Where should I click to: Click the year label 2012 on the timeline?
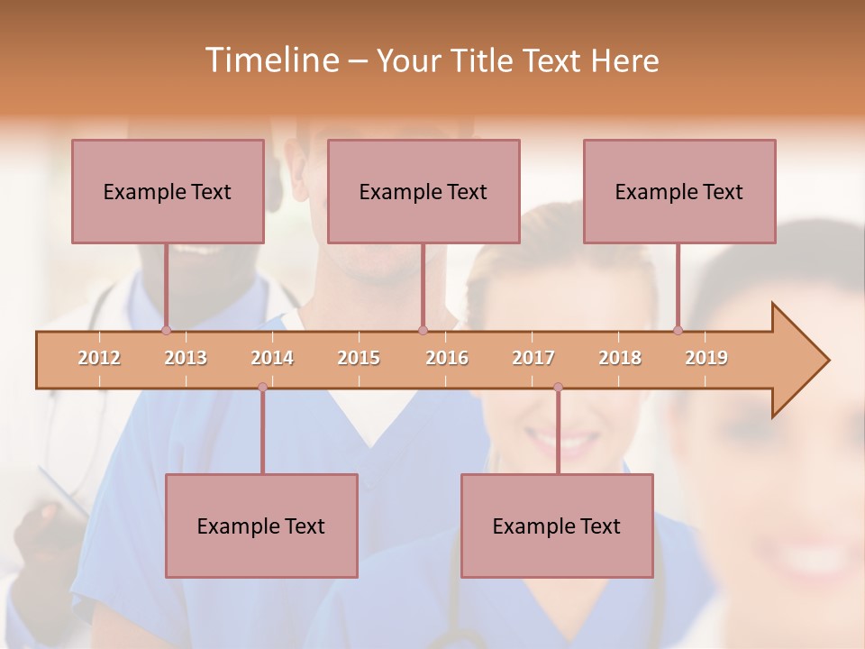click(99, 358)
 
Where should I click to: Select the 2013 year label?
click(186, 358)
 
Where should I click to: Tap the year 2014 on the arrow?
click(272, 358)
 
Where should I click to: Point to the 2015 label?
click(359, 358)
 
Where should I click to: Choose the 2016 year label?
click(447, 358)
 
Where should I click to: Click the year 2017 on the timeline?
click(533, 358)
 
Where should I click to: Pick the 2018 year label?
click(620, 358)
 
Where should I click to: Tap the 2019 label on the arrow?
click(706, 358)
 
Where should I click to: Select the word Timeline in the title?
click(269, 60)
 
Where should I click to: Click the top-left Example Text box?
click(168, 191)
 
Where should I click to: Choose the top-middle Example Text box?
click(423, 191)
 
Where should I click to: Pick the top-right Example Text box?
click(679, 191)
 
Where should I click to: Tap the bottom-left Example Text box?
click(261, 526)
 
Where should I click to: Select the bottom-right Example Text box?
click(557, 526)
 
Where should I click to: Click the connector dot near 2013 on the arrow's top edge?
click(166, 331)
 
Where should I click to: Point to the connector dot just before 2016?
click(423, 331)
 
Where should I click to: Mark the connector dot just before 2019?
click(678, 331)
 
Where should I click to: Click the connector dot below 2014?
click(262, 388)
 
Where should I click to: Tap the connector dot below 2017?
click(558, 388)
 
